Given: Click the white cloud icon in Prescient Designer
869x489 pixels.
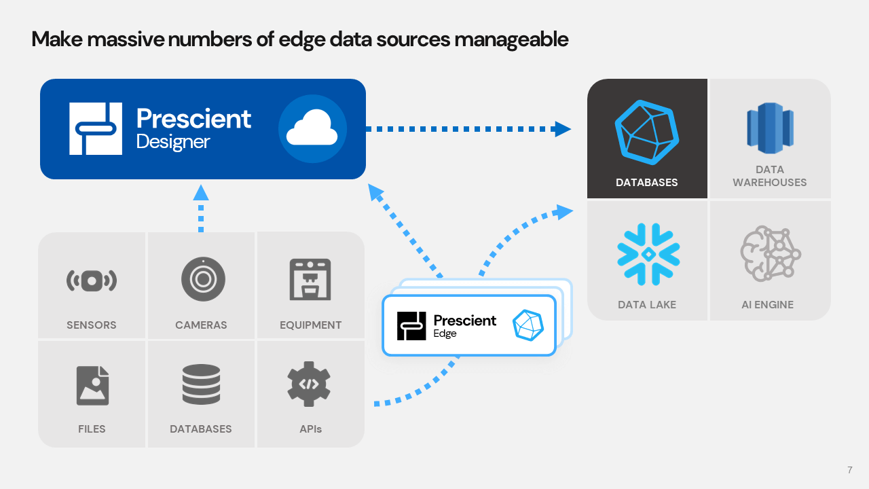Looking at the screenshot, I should [x=312, y=129].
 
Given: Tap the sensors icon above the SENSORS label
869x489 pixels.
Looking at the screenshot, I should [x=92, y=280].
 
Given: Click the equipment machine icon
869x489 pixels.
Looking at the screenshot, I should [x=310, y=279].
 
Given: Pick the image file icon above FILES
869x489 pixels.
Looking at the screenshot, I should [x=92, y=385].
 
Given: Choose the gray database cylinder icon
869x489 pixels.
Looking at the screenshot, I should [x=201, y=384].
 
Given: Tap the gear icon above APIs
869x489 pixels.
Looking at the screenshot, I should [x=309, y=384].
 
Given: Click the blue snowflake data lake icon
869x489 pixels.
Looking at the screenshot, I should [x=648, y=254].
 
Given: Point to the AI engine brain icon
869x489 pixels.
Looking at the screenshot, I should [x=770, y=254].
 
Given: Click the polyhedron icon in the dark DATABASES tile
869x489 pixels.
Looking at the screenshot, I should [x=647, y=132].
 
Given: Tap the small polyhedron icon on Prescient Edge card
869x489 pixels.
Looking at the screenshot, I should [x=528, y=325].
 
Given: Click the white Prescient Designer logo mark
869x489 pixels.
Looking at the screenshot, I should [x=96, y=128].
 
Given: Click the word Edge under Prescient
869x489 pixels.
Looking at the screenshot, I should [x=445, y=333].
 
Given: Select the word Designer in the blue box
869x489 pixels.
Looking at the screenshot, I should [x=173, y=142].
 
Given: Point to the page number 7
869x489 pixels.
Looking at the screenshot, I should [x=850, y=470].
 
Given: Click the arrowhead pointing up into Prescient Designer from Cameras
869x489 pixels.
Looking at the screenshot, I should [x=200, y=193].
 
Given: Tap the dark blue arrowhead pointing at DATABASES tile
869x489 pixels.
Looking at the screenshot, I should [x=562, y=128].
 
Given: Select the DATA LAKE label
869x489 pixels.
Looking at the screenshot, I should [x=647, y=304].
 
